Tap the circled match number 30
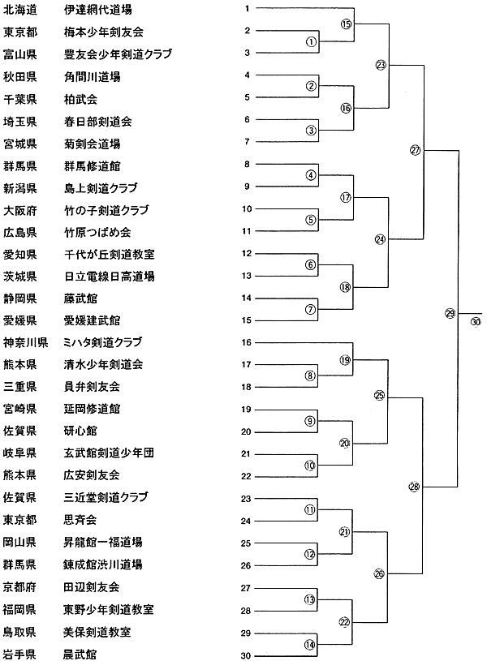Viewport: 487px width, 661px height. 476,321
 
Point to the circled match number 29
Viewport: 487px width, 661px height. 450,314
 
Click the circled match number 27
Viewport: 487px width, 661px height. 416,149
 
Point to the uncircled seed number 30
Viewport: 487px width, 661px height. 246,655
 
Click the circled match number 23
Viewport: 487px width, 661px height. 381,65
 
